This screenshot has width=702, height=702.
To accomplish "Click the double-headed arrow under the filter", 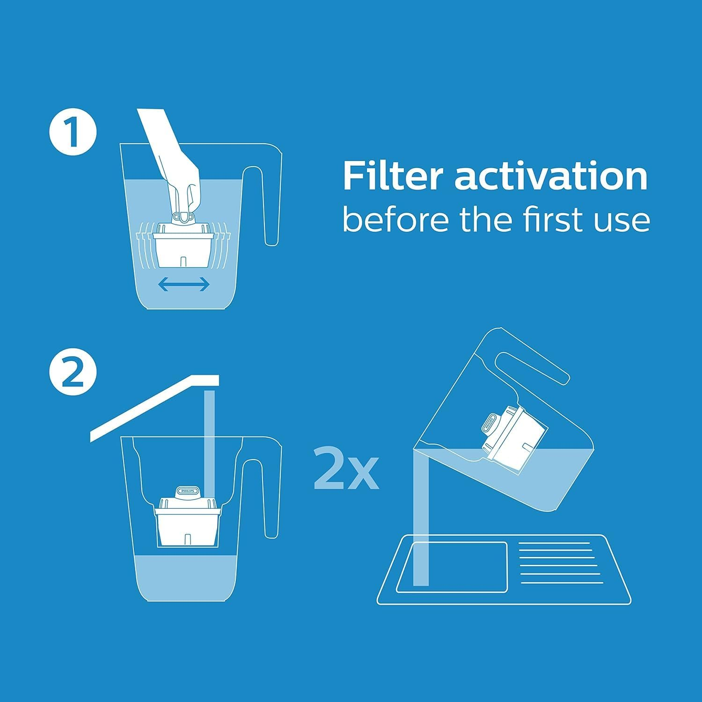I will click(183, 284).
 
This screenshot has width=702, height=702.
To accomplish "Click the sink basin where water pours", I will click(452, 567).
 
